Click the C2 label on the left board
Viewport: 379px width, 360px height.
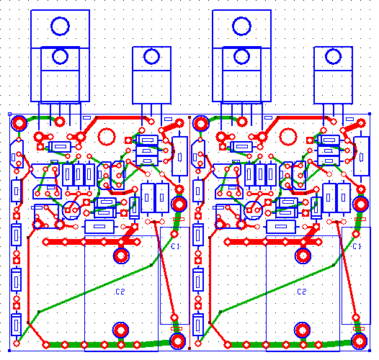click(x=120, y=292)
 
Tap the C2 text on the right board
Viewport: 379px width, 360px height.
click(x=301, y=292)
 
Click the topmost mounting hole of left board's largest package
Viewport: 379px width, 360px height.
click(x=60, y=27)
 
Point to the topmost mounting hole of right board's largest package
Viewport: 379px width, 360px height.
click(x=241, y=27)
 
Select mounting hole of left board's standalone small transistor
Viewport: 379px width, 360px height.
click(x=151, y=56)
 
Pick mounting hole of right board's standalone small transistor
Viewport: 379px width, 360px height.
click(x=332, y=56)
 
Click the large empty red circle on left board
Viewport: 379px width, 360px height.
click(x=107, y=136)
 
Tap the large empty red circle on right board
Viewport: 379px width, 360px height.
click(x=287, y=136)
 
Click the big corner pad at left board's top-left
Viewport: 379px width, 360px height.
click(x=19, y=122)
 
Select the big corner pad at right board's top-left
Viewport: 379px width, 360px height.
click(x=200, y=122)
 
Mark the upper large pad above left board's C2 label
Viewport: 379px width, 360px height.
click(x=121, y=254)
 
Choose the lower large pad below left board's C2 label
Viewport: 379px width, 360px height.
click(x=121, y=330)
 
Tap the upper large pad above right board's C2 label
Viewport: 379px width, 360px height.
click(x=302, y=254)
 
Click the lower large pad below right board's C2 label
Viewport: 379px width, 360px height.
click(x=302, y=330)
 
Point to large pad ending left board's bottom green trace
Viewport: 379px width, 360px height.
click(x=176, y=341)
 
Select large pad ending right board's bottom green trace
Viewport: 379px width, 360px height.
click(x=357, y=341)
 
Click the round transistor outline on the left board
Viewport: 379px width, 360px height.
click(x=71, y=210)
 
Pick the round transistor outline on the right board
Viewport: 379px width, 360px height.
click(x=251, y=210)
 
